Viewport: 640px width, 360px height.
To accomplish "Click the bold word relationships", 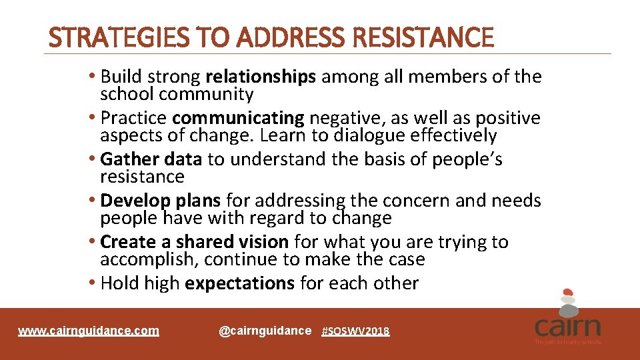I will pos(261,77).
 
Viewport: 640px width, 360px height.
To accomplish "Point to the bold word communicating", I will pos(238,118).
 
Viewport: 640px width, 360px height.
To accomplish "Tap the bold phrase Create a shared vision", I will pos(194,242).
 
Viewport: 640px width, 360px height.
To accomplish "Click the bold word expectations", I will pos(239,283).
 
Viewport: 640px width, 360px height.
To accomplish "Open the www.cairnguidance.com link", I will pos(89,331).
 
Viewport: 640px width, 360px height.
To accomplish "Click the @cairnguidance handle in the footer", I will pos(265,331).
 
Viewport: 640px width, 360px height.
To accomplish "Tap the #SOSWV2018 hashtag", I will pos(355,331).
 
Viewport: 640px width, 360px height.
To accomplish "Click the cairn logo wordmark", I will pos(567,327).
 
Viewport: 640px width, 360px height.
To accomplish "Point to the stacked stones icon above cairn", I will pos(567,301).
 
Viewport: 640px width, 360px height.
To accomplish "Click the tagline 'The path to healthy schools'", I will pos(567,342).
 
